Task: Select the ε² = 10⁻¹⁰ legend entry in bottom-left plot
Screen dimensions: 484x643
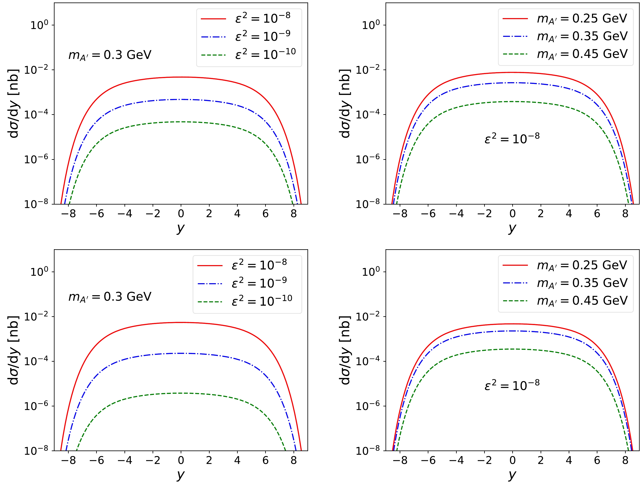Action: (x=262, y=301)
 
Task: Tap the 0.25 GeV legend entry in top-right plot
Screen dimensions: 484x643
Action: (x=582, y=19)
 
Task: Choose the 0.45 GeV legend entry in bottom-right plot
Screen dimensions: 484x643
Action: (x=582, y=301)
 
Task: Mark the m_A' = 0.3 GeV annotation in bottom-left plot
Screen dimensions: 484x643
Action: (x=110, y=297)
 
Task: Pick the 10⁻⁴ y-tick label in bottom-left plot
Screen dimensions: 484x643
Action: (x=36, y=361)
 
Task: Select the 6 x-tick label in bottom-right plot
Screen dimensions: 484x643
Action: (x=597, y=460)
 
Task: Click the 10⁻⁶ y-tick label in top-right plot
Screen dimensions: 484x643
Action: (x=367, y=159)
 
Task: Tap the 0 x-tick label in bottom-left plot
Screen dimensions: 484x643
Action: (x=181, y=460)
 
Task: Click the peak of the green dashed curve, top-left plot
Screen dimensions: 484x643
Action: (x=181, y=122)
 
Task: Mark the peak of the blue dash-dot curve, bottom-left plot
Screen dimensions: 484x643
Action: (x=181, y=353)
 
